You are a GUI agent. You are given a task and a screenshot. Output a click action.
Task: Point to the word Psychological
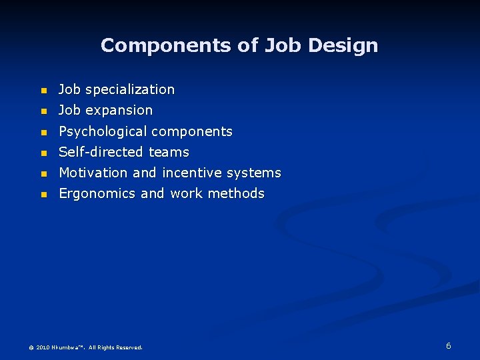coord(103,131)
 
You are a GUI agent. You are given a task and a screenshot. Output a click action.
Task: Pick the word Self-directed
coord(101,152)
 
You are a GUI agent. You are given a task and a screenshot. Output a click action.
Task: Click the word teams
coord(169,152)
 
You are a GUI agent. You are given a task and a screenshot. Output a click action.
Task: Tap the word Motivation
coord(93,173)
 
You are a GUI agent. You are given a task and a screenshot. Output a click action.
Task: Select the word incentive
coord(191,173)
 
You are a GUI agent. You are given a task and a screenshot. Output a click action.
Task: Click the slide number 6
coord(449,345)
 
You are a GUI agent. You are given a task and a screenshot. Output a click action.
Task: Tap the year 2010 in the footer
coord(43,347)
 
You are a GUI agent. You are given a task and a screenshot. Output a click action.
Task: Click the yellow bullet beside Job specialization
coord(43,90)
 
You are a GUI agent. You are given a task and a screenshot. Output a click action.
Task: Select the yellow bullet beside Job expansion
coord(43,111)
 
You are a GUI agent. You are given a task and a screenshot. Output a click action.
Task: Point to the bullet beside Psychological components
coord(43,132)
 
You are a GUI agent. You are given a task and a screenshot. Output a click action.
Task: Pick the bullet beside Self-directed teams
coord(43,153)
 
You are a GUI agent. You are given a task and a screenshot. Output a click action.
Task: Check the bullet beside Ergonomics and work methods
coord(43,195)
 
